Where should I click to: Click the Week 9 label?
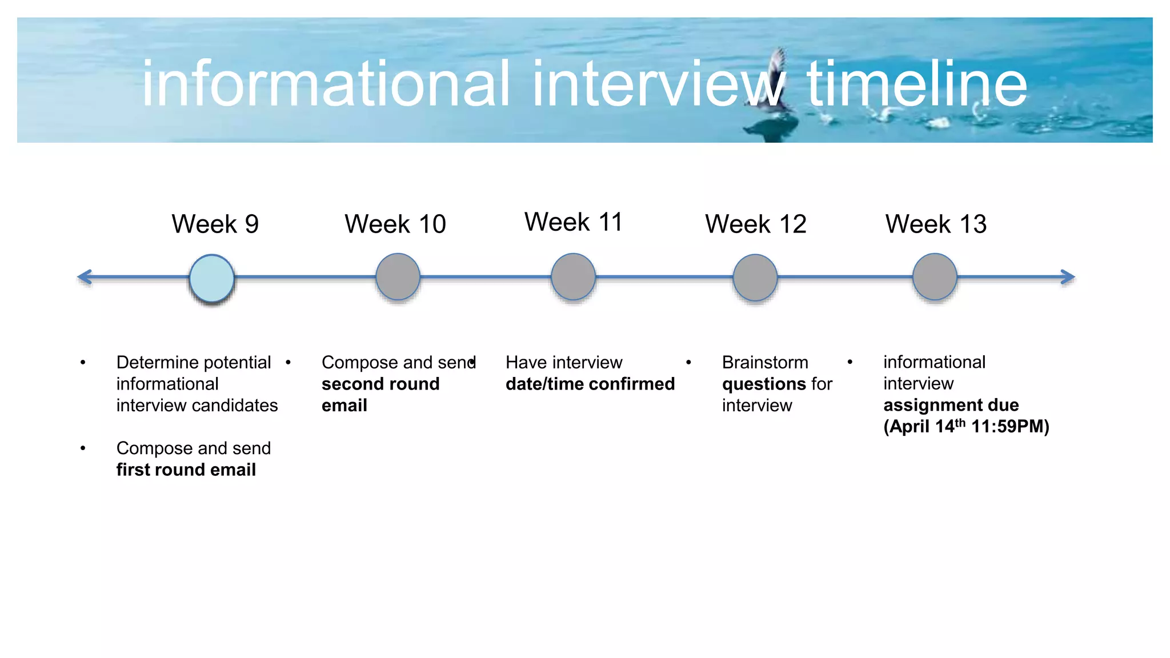[x=215, y=224]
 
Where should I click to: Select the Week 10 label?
[x=395, y=224]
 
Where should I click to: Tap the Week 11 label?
[x=573, y=222]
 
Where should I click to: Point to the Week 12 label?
[x=755, y=224]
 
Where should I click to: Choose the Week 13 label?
[x=936, y=224]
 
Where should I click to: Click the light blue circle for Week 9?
[x=211, y=278]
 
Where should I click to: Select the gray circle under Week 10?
[x=398, y=277]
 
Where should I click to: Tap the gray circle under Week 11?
[x=573, y=277]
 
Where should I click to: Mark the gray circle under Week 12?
[x=755, y=278]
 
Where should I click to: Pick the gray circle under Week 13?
[x=935, y=277]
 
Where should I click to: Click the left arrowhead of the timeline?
[x=85, y=278]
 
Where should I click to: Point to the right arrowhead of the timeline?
[x=1068, y=278]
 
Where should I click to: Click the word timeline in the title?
[x=916, y=84]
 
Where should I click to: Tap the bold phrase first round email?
[x=186, y=470]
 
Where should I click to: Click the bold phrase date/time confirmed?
[x=590, y=384]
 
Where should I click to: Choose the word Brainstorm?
[x=765, y=363]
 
